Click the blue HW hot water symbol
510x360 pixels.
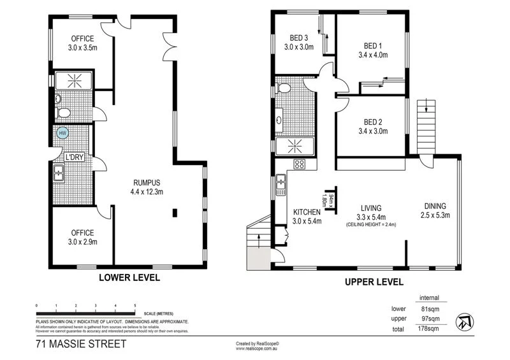click(x=62, y=133)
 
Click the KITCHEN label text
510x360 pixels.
click(x=307, y=212)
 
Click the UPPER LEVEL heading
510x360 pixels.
click(x=374, y=281)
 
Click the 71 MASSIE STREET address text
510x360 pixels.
click(x=81, y=345)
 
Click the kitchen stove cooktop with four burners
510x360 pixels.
click(x=299, y=165)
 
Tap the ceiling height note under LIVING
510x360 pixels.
click(x=370, y=225)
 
